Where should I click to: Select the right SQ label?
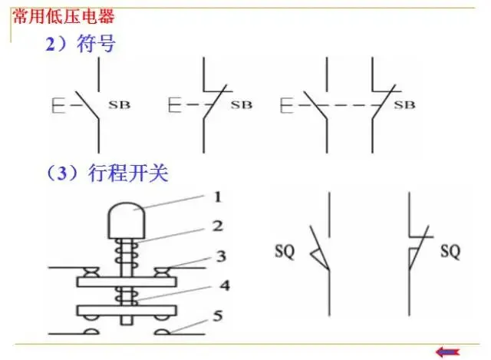[x=451, y=250]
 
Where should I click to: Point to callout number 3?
[x=220, y=254]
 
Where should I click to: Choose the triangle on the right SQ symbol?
[x=414, y=254]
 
